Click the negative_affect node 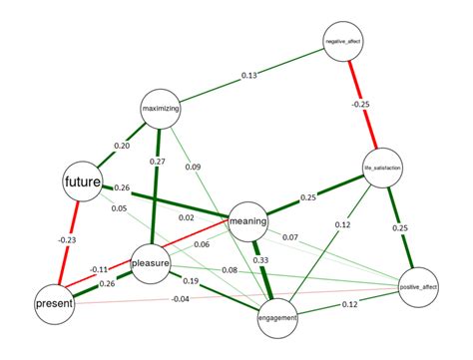click(342, 42)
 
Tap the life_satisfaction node click(383, 169)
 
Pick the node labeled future click(86, 181)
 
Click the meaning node click(248, 216)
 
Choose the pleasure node click(151, 263)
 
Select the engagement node click(275, 316)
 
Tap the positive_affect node click(419, 287)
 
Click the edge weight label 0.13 click(249, 76)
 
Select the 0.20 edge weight click(121, 146)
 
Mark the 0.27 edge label click(158, 161)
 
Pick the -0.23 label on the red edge click(67, 239)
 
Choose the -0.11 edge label click(99, 269)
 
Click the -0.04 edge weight click(180, 299)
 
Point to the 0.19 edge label click(191, 281)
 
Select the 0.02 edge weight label click(187, 218)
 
